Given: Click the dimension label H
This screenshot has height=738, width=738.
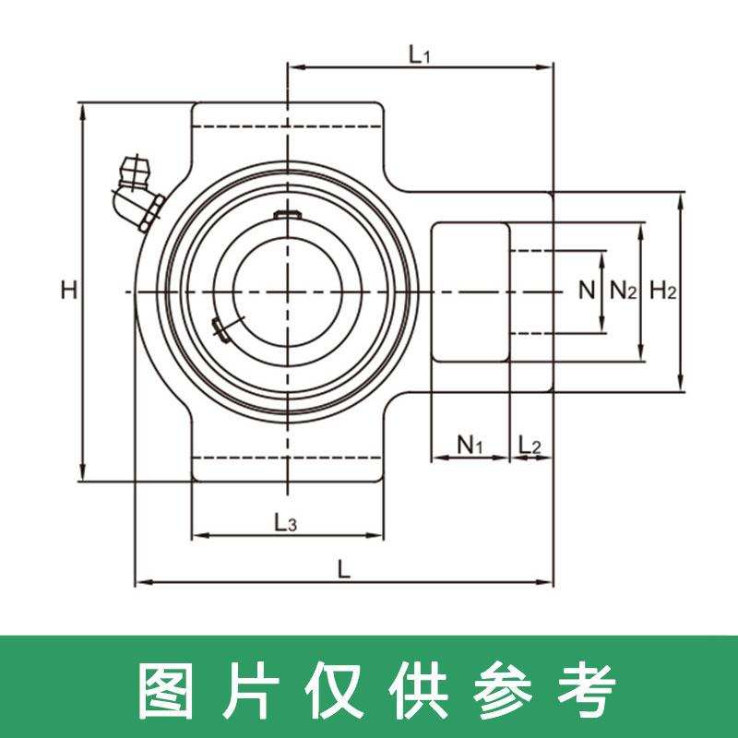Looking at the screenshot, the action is (x=68, y=291).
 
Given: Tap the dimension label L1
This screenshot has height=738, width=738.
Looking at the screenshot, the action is (x=420, y=54).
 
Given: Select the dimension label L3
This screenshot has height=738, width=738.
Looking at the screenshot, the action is (x=286, y=523).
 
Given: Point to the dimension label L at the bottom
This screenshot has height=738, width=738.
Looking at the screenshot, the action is (x=344, y=570).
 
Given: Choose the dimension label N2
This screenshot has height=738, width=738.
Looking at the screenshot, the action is (x=624, y=292).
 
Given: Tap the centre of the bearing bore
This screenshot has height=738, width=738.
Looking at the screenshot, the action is (x=287, y=292).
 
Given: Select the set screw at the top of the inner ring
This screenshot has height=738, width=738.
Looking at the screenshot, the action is (x=288, y=216).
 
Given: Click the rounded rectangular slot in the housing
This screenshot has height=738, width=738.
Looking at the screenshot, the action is (x=470, y=292).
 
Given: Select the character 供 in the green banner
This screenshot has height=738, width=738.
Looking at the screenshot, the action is (x=412, y=686).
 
